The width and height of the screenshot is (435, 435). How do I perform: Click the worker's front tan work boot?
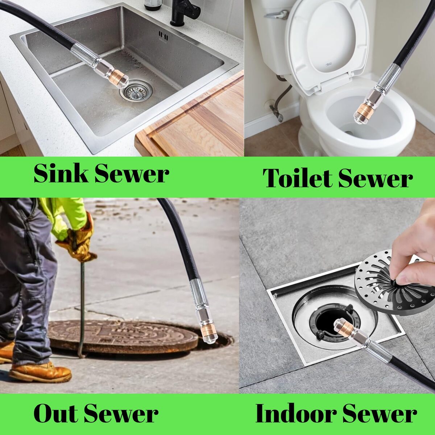tap(40, 371)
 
